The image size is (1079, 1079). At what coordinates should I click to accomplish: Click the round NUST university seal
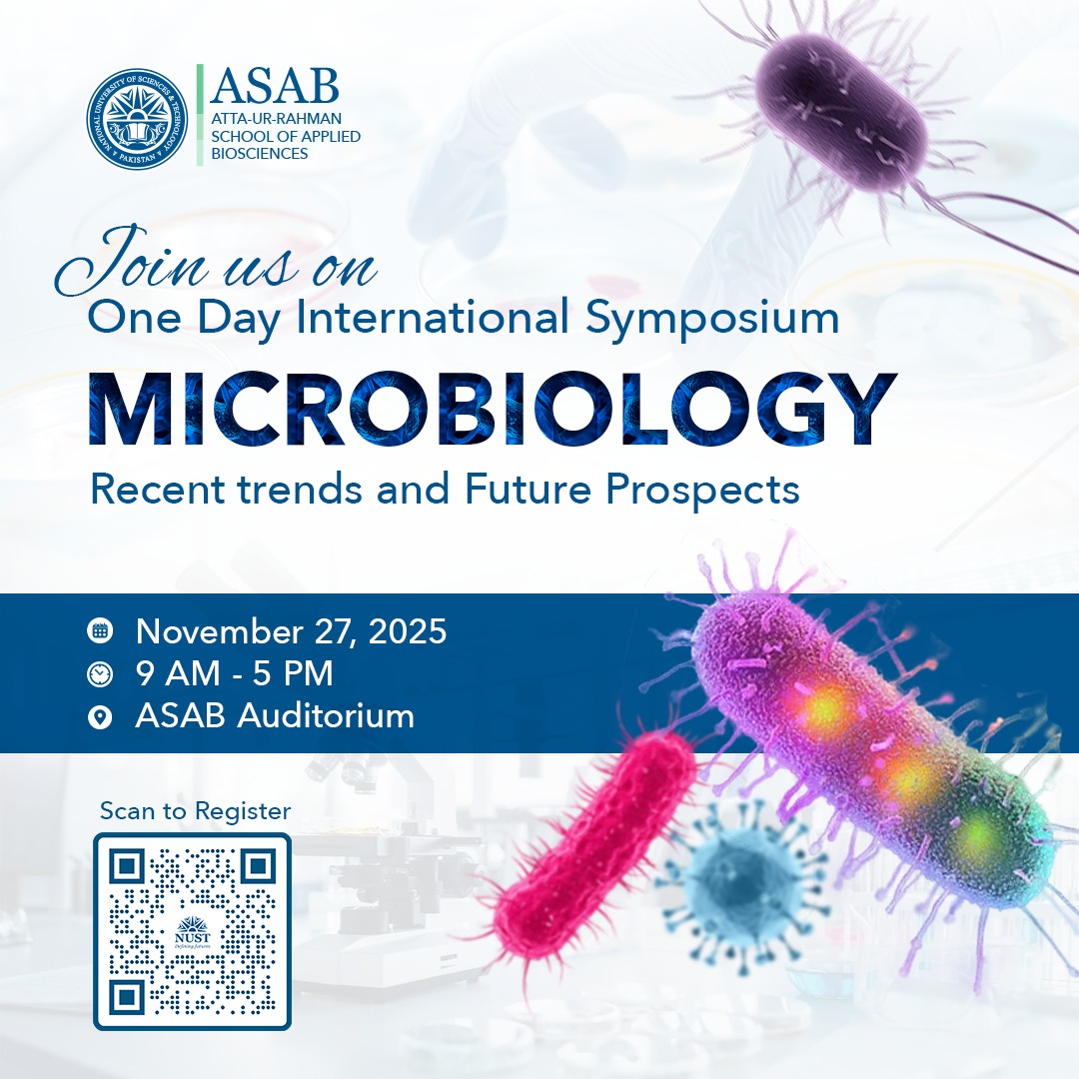point(138,118)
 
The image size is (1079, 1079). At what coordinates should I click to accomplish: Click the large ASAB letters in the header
point(276,87)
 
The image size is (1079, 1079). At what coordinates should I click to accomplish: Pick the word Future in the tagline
point(531,490)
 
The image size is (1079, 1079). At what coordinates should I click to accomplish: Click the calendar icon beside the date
point(100,631)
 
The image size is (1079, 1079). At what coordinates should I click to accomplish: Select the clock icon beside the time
point(100,674)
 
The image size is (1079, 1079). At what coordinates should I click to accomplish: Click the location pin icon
point(100,716)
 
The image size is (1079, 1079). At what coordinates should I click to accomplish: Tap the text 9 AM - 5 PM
point(235,674)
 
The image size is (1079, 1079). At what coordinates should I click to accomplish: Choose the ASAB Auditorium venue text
point(275,716)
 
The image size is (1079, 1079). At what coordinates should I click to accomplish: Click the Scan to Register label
point(195,811)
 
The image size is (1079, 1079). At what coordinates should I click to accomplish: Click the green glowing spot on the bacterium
point(977,829)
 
